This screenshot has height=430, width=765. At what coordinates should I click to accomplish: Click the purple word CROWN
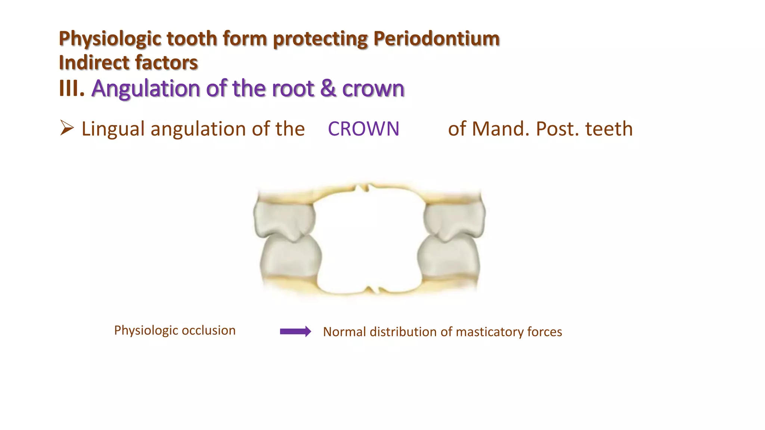pyautogui.click(x=363, y=129)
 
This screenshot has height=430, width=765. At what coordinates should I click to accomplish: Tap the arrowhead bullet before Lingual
pyautogui.click(x=67, y=128)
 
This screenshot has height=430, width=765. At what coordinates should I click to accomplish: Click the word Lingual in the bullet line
pyautogui.click(x=113, y=129)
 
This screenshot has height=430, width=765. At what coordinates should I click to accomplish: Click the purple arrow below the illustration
pyautogui.click(x=295, y=331)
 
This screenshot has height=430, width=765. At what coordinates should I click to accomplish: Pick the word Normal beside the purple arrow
pyautogui.click(x=344, y=332)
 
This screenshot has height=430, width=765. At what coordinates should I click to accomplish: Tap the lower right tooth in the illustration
pyautogui.click(x=448, y=258)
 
